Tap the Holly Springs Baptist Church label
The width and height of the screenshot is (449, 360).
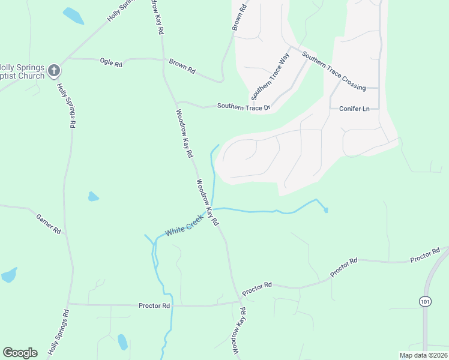coord(22,71)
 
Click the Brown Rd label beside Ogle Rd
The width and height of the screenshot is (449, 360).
coord(182,66)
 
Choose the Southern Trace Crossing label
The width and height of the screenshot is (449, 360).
coord(334,71)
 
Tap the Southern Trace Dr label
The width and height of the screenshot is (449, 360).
coord(244,107)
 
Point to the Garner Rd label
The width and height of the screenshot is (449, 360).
coord(49,223)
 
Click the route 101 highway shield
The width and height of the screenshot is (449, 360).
coord(425,300)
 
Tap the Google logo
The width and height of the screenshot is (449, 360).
coord(20,353)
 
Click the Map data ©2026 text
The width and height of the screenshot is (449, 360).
coord(423,355)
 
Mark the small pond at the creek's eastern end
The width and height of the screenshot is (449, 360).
coord(326,209)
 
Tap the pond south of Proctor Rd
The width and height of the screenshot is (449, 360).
coord(122,341)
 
